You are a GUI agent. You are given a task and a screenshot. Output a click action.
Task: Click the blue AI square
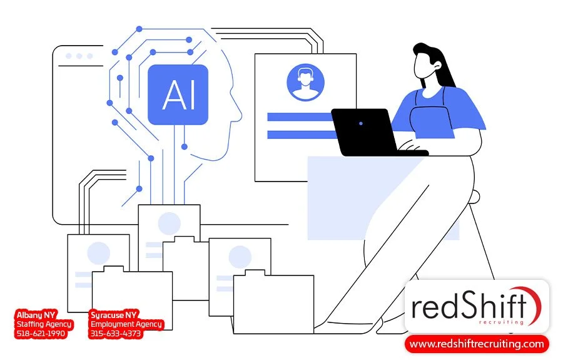178,95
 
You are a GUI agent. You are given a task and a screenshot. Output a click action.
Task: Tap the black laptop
365,131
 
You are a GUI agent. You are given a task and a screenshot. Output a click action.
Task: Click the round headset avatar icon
305,82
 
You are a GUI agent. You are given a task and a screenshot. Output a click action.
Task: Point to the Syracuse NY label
114,314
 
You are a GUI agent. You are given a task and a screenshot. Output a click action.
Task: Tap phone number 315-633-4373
116,334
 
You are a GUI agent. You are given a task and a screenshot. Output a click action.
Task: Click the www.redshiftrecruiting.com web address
477,344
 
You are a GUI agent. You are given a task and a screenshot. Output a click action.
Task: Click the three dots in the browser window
78,56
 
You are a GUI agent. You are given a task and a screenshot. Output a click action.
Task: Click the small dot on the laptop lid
361,123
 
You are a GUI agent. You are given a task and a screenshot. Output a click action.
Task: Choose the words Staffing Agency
44,324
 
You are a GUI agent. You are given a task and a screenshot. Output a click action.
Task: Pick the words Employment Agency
126,324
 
